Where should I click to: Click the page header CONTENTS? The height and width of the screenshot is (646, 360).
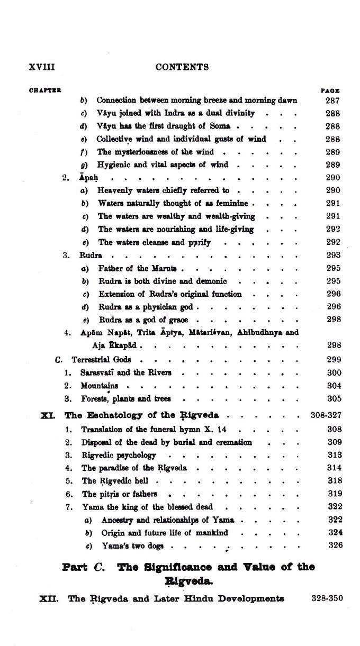click(x=182, y=67)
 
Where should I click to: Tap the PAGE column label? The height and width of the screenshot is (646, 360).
click(x=330, y=90)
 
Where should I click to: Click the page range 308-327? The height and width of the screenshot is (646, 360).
click(x=326, y=415)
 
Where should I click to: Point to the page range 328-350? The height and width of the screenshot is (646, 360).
click(x=325, y=598)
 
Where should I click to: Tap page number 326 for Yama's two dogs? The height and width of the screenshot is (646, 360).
click(x=335, y=545)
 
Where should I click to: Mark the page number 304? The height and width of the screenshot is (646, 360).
click(x=334, y=386)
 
